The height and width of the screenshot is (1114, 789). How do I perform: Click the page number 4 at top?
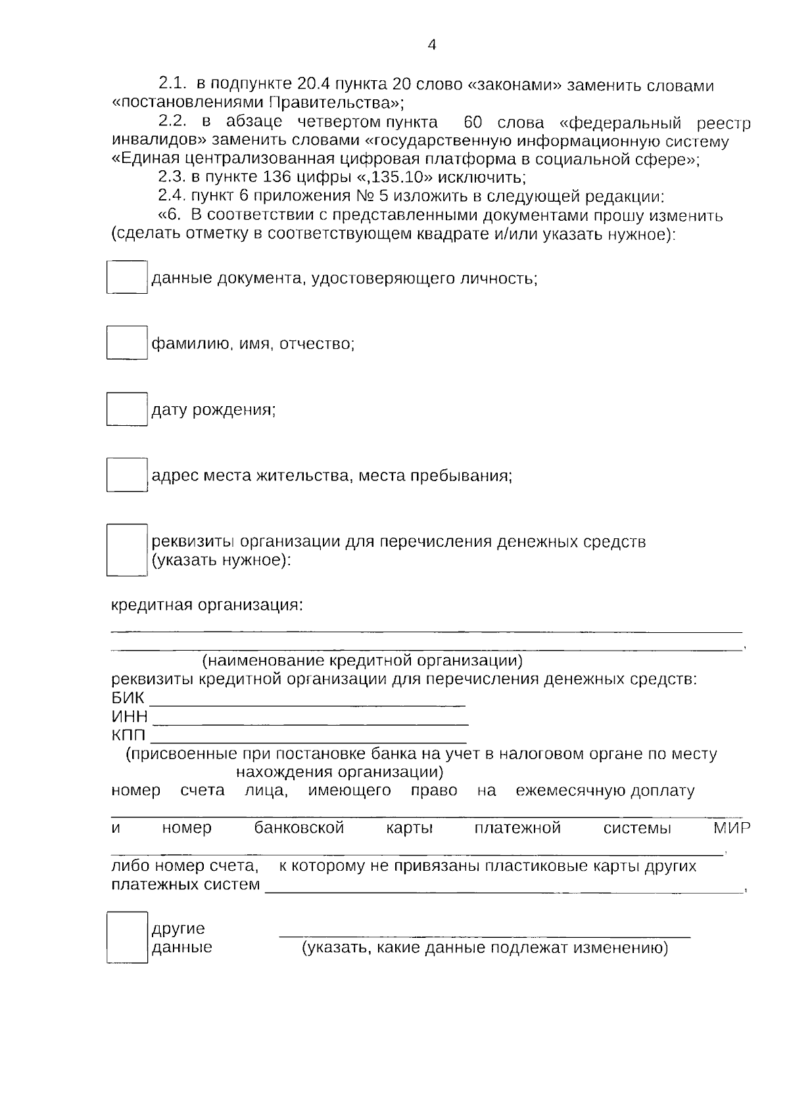[432, 45]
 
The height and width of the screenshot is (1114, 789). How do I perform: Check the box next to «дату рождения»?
[127, 409]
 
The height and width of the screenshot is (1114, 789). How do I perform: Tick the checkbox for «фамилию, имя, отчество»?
[127, 342]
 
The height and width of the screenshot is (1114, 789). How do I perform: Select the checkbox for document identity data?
[127, 277]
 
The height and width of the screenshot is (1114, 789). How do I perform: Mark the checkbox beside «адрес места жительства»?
[127, 475]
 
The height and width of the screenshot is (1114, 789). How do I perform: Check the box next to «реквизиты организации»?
[127, 549]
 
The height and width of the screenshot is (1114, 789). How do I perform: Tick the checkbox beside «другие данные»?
[127, 937]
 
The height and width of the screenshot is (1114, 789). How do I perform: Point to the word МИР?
[732, 828]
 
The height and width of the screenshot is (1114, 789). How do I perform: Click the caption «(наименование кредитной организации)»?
[362, 661]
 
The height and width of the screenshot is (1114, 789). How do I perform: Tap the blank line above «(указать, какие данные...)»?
[485, 933]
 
